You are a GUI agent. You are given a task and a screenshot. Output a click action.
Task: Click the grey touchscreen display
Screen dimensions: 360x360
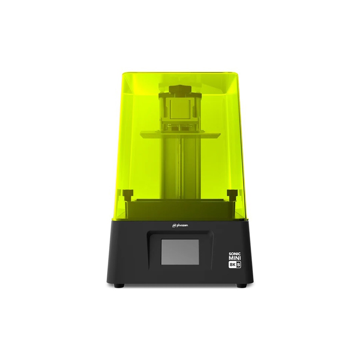point(180,252)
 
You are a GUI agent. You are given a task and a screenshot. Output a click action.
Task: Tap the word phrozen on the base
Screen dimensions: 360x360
point(182,225)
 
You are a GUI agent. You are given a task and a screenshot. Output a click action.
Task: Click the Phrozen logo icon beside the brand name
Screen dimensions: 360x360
point(174,226)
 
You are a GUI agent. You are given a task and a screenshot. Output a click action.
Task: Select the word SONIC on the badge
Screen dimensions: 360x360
point(235,254)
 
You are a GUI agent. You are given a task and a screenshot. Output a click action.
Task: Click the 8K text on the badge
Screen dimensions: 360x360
point(232,265)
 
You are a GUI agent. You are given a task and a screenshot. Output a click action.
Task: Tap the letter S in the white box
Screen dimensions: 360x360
point(239,265)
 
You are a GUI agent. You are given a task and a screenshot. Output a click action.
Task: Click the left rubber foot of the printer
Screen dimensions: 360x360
point(119,286)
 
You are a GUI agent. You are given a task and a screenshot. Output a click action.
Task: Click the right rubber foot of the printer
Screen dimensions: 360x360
point(241,286)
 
